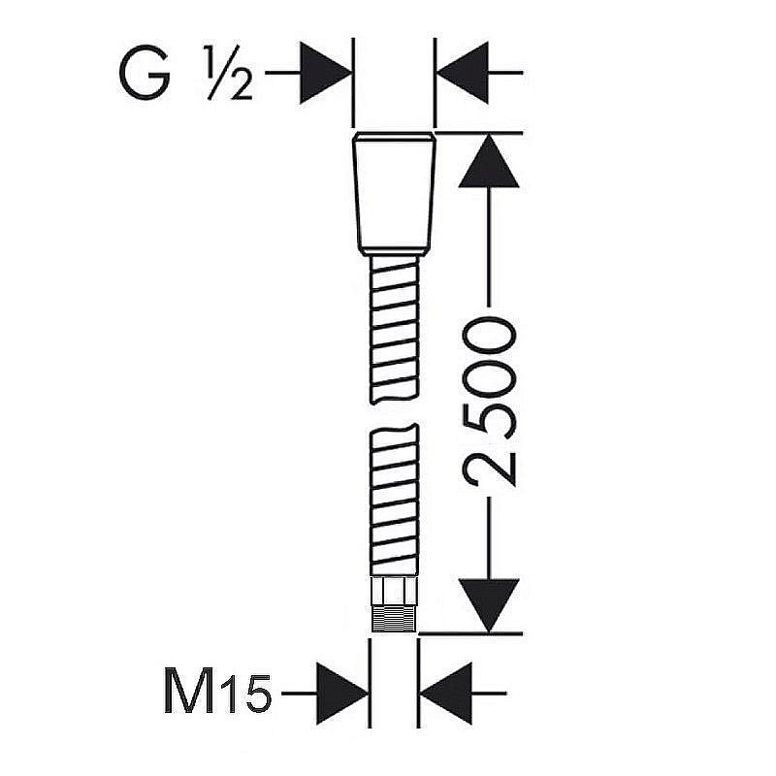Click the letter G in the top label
pos(145,73)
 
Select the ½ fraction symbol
pos(230,73)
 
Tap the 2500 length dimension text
pos(489,402)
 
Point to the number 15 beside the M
pos(245,693)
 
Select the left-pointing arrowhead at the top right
pos(463,73)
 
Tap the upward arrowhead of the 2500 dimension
pos(489,161)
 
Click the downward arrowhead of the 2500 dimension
pos(489,605)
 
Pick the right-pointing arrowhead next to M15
pos(342,694)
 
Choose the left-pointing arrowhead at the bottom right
pos(446,694)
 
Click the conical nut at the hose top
pos(395,194)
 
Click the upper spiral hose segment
pos(395,330)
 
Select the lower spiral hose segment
pos(395,500)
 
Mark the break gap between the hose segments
pos(395,414)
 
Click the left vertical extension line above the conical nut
pos(353,82)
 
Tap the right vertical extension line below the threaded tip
pos(419,683)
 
